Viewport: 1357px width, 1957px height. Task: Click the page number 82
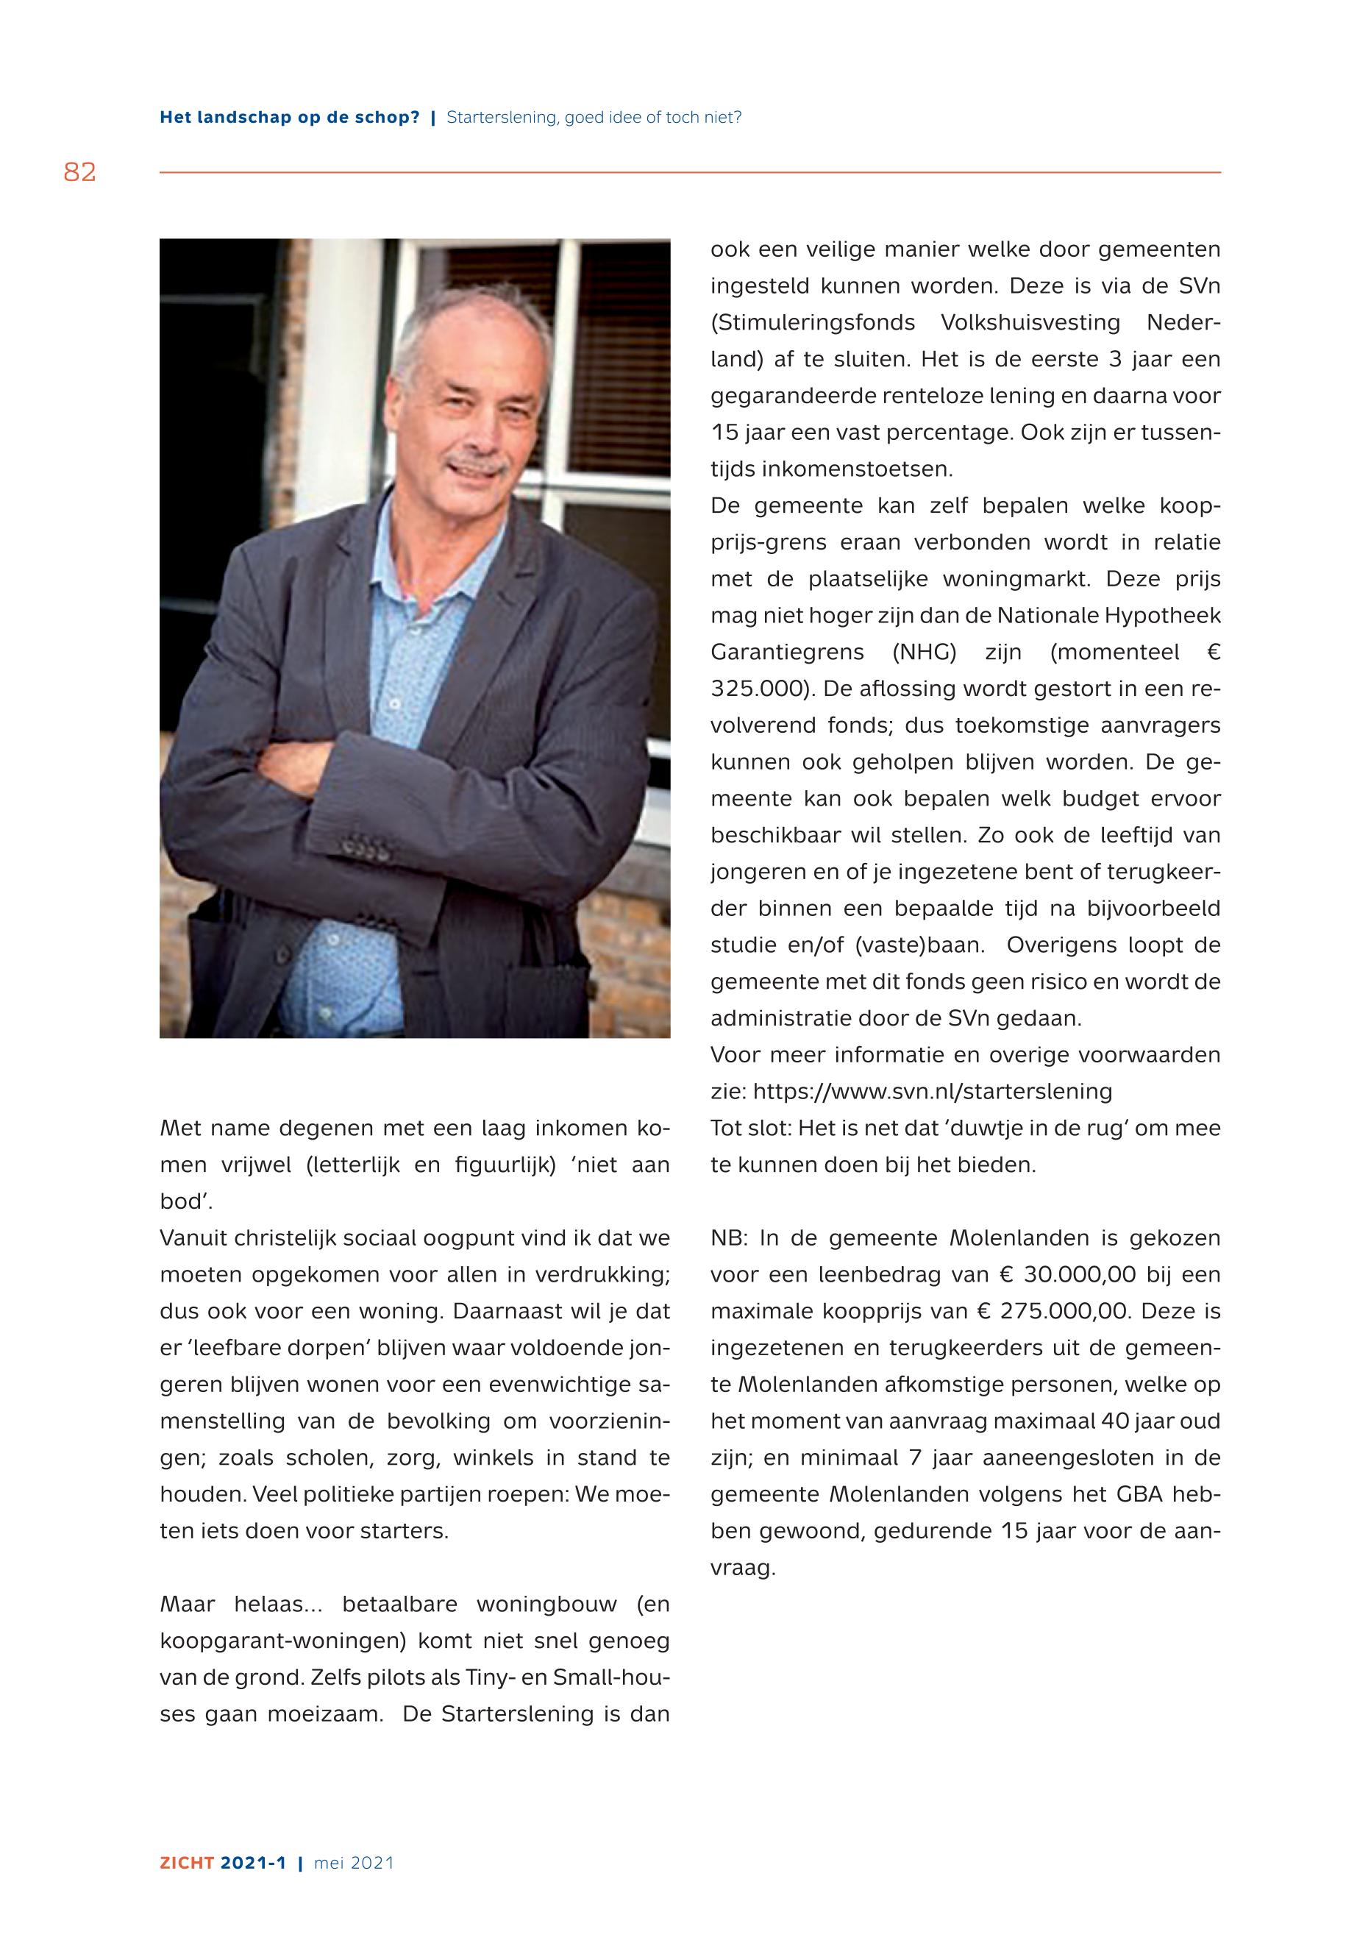(80, 173)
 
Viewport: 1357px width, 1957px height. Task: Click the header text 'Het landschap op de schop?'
(289, 118)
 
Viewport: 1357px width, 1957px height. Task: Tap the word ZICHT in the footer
(186, 1863)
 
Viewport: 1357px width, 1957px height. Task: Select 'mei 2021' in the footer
(354, 1863)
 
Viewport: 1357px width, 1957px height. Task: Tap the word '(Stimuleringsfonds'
(812, 323)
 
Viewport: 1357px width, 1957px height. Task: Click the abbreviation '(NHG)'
(925, 652)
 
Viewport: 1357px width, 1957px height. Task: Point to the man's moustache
(479, 465)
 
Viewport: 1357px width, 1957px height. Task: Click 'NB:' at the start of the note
(728, 1238)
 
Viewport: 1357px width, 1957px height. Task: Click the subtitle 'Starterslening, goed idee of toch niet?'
(594, 118)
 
